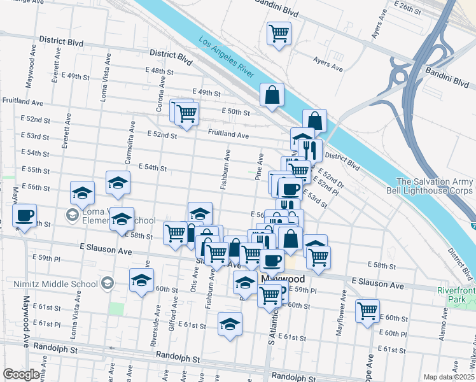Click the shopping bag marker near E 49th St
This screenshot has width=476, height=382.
[272, 95]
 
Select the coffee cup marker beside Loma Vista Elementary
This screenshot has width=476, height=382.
[24, 215]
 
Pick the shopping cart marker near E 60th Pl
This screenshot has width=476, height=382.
[367, 311]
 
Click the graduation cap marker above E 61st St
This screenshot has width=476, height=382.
[230, 324]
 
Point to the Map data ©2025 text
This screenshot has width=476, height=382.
[449, 377]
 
